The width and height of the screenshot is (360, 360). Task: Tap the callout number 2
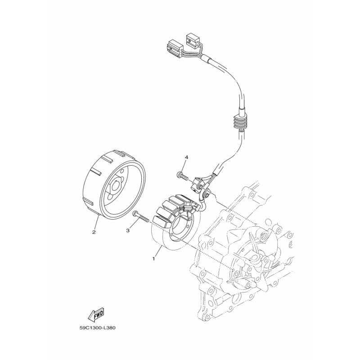coord(94,232)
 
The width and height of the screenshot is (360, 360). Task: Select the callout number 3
coord(128,230)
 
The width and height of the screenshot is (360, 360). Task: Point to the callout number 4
coord(185,157)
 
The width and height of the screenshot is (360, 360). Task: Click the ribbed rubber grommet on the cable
coord(239,122)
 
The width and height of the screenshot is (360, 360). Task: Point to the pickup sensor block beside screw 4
coord(198,183)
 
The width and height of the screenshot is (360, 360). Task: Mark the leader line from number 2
coord(96,222)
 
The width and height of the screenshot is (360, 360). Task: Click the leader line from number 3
coord(131,224)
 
